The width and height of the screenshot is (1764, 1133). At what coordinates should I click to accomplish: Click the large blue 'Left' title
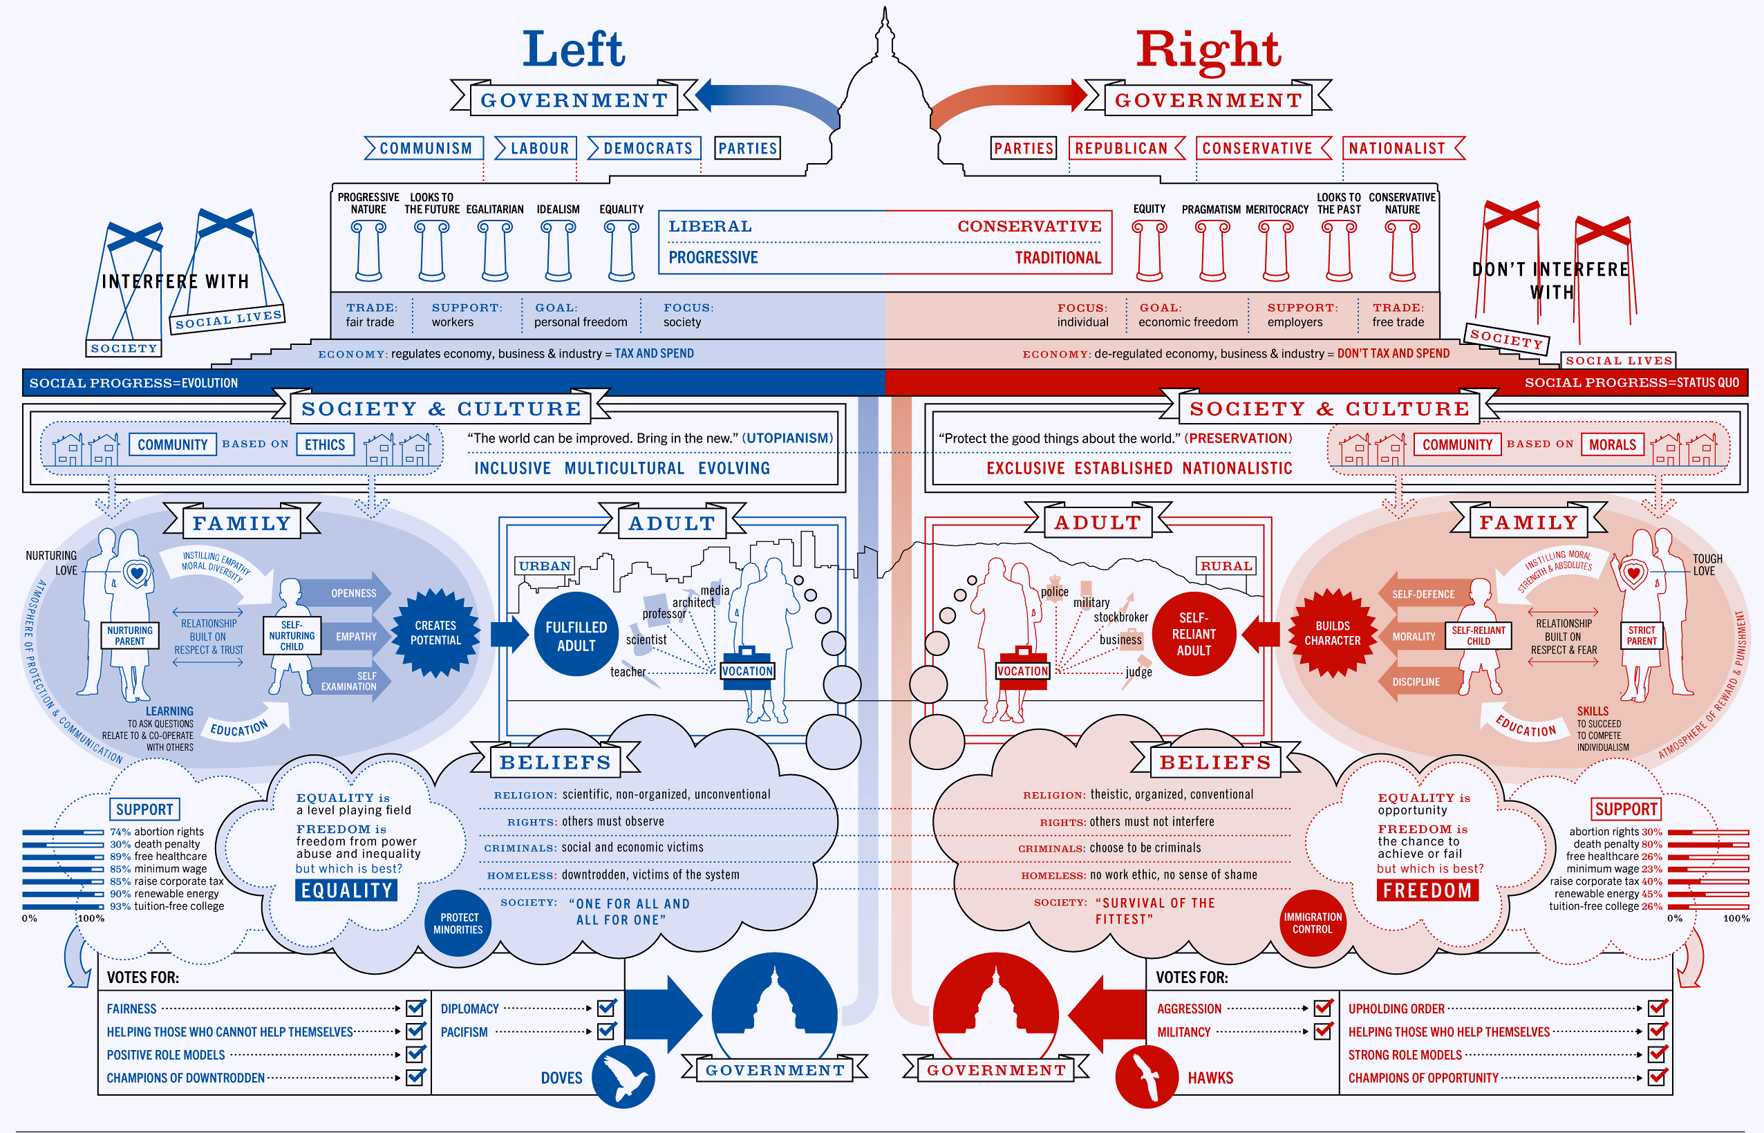tap(573, 50)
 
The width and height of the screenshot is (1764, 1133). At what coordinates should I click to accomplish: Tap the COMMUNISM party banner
tap(425, 149)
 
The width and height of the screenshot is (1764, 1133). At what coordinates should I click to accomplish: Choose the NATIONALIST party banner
tap(1397, 149)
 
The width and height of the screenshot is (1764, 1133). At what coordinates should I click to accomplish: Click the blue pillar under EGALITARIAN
tap(495, 252)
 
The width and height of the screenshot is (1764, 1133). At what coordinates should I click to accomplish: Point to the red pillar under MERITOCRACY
tap(1276, 252)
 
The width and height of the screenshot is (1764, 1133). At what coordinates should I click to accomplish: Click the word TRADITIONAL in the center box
tap(1058, 257)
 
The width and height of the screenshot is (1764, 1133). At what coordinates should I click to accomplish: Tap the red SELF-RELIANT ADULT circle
tap(1193, 634)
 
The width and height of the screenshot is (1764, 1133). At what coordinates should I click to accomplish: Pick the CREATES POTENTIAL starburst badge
tap(435, 633)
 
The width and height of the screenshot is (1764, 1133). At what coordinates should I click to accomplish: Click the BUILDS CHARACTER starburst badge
tap(1332, 633)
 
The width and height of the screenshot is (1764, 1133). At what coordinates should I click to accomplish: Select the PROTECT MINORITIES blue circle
tap(458, 924)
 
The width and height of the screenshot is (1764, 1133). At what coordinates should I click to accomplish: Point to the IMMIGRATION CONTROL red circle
tap(1313, 924)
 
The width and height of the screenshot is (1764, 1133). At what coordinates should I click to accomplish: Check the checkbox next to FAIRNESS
tap(415, 1008)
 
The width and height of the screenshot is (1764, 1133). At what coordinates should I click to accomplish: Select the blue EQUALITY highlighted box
tap(346, 891)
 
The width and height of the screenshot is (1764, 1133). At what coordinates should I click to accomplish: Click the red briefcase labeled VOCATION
tap(1022, 668)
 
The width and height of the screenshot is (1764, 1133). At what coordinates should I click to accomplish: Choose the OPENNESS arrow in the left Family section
tap(353, 593)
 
